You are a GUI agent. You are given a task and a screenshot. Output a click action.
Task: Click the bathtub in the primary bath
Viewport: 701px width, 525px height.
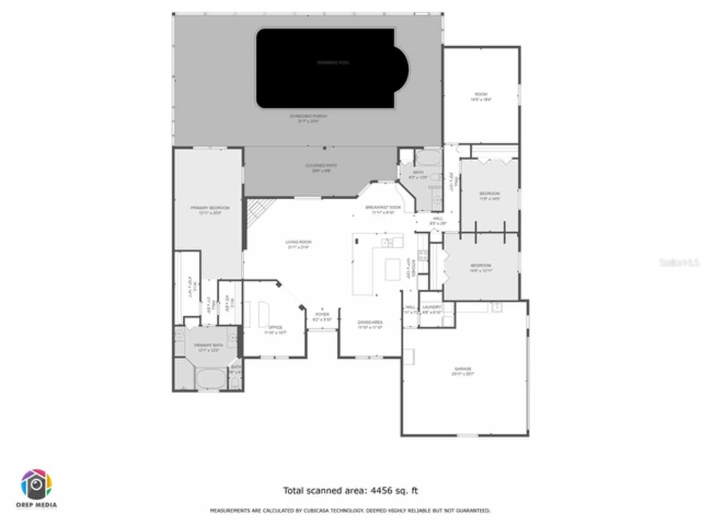coord(211,378)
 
